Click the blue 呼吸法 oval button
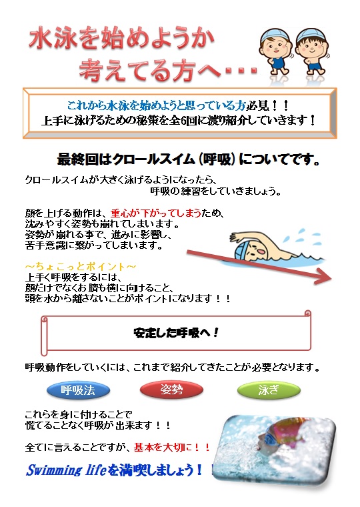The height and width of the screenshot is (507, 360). (78, 390)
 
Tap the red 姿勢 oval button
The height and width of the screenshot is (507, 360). (171, 390)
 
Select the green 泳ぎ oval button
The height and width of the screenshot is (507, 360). (269, 390)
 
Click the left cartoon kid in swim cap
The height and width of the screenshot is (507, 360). (275, 53)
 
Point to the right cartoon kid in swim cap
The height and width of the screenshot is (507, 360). (312, 53)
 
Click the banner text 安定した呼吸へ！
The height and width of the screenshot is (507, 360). (177, 332)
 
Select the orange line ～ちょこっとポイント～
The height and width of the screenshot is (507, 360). (81, 266)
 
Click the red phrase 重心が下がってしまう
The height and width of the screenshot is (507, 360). (156, 213)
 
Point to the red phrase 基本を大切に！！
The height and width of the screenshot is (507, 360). (172, 447)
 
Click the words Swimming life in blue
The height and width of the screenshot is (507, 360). (66, 470)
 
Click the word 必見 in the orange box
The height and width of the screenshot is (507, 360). (257, 105)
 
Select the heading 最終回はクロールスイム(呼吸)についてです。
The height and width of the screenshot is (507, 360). (189, 159)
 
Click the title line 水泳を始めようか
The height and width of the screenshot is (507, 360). (121, 39)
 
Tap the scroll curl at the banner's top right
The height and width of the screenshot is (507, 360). (307, 314)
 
